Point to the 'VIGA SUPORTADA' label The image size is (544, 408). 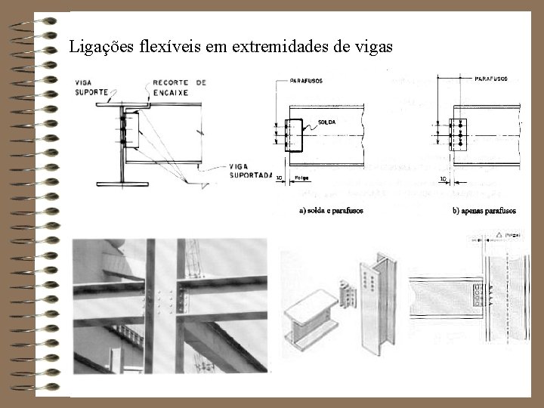[250, 172]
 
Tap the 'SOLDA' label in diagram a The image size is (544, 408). [327, 121]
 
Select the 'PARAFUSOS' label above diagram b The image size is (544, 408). [490, 78]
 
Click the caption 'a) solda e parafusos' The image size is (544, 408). [332, 210]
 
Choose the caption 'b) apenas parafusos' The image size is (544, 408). [484, 210]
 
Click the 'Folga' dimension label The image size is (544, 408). [301, 179]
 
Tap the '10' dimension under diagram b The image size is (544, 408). [443, 179]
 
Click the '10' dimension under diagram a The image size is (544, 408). [279, 179]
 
